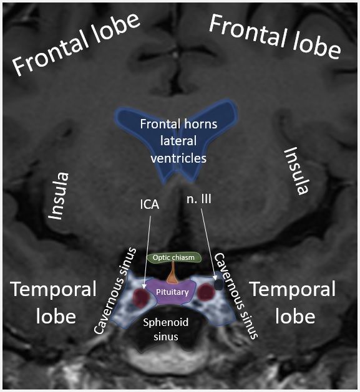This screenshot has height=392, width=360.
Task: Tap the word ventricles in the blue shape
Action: [x=178, y=158]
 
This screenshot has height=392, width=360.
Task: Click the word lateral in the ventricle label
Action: [x=178, y=141]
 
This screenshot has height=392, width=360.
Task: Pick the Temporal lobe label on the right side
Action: [x=292, y=303]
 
